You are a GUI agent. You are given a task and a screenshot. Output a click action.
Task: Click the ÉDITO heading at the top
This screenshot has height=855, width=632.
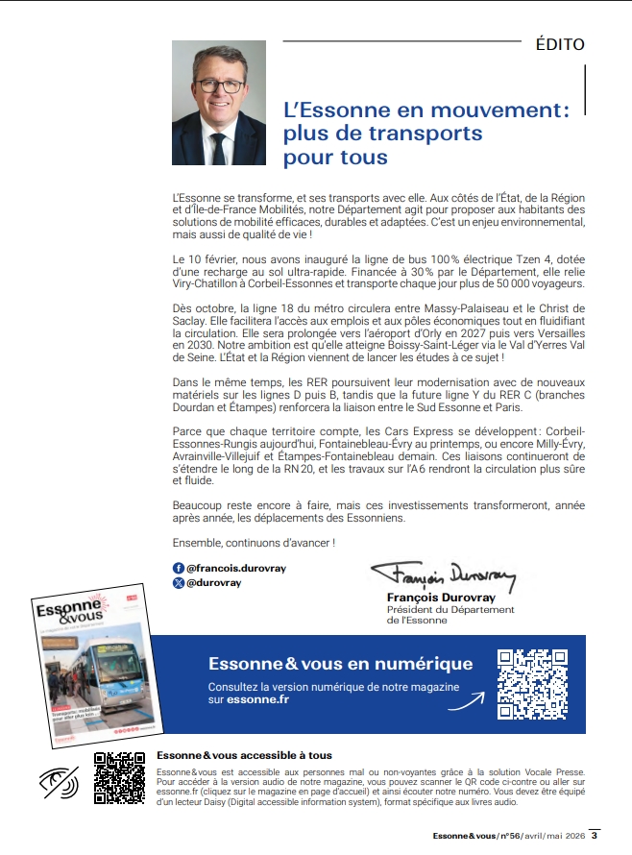click(559, 44)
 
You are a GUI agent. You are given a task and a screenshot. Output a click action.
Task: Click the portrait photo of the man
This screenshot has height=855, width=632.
click(218, 104)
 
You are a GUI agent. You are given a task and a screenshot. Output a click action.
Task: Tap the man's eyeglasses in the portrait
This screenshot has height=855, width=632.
click(220, 85)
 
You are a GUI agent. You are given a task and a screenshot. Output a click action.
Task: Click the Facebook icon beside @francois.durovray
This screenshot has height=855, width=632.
click(178, 569)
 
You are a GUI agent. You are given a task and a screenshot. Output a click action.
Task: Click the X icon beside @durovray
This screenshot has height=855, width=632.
click(178, 582)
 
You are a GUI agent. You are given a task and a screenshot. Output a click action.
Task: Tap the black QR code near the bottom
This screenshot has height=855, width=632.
click(119, 778)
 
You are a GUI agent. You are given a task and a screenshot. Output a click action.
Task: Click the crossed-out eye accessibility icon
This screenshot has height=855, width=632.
click(59, 783)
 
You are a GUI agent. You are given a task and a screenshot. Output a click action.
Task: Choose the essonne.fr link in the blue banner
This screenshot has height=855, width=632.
click(259, 700)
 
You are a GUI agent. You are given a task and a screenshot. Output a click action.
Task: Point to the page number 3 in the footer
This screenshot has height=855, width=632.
click(595, 834)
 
